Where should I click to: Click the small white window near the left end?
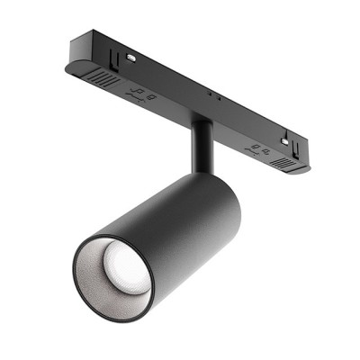tap(131, 57)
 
